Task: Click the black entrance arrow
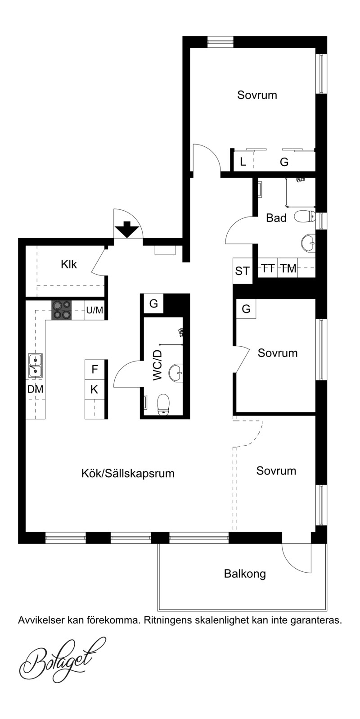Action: pyautogui.click(x=127, y=229)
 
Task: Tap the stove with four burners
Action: pyautogui.click(x=62, y=310)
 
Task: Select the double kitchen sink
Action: pyautogui.click(x=35, y=365)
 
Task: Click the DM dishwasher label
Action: pyautogui.click(x=35, y=389)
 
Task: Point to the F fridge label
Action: pyautogui.click(x=94, y=370)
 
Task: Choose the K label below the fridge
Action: pyautogui.click(x=94, y=389)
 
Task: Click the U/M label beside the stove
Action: pyautogui.click(x=94, y=310)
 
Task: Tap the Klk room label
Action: pyautogui.click(x=69, y=264)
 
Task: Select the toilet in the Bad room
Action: pyautogui.click(x=305, y=216)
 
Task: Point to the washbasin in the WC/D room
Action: pyautogui.click(x=176, y=373)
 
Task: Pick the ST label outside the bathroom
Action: pyautogui.click(x=242, y=271)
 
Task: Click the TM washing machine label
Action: pyautogui.click(x=288, y=268)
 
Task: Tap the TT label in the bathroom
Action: pyautogui.click(x=268, y=268)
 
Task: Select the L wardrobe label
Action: pyautogui.click(x=243, y=162)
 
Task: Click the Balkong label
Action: pyautogui.click(x=245, y=574)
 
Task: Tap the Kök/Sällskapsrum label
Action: pyautogui.click(x=128, y=474)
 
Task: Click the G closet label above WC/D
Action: pyautogui.click(x=154, y=303)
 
